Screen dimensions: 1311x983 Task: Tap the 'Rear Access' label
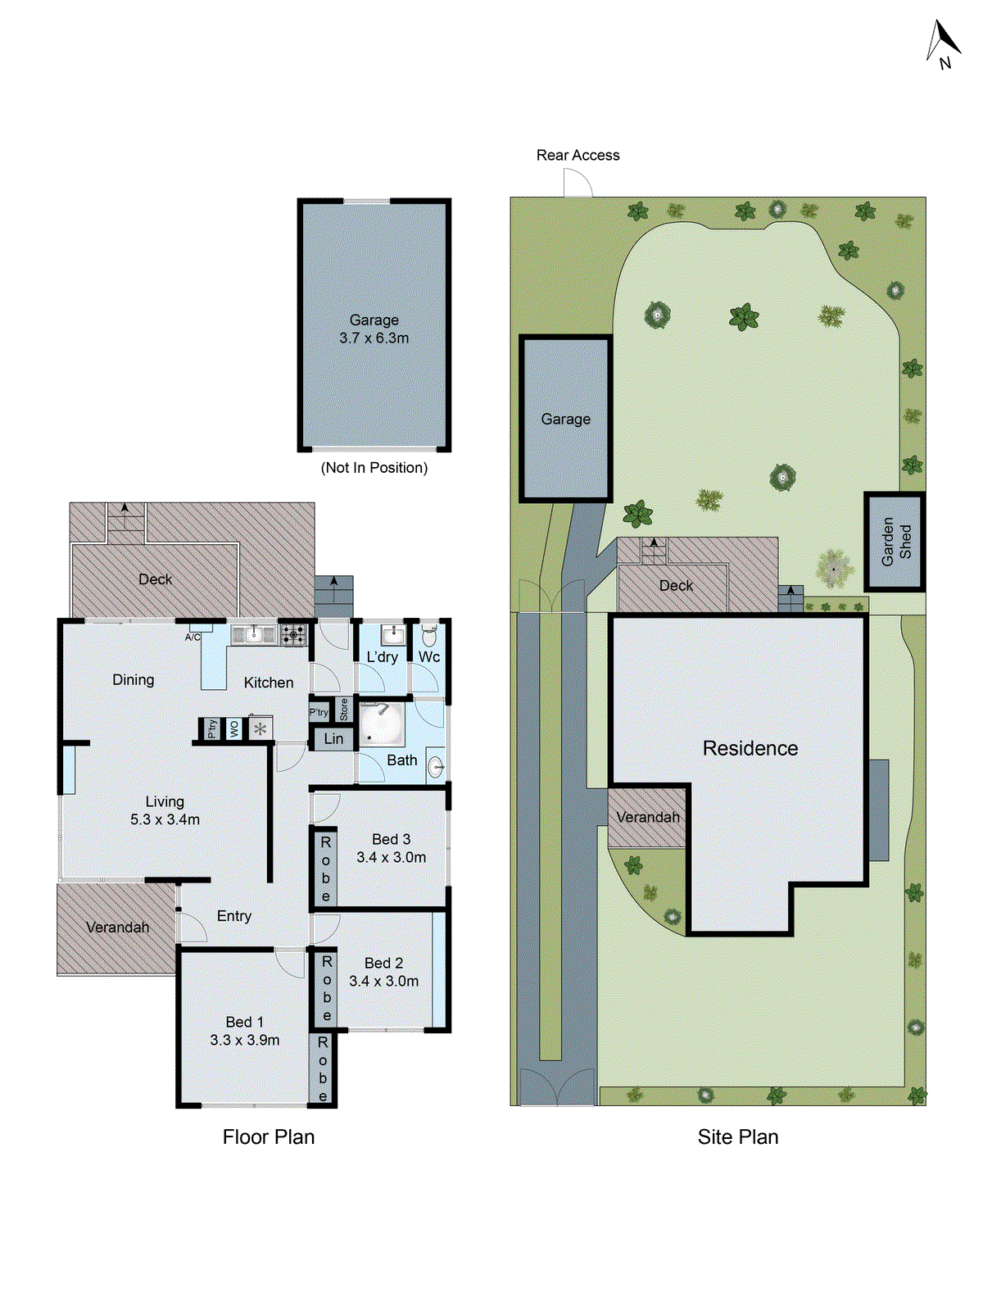(578, 155)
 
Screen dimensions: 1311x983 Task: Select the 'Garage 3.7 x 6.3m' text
(374, 329)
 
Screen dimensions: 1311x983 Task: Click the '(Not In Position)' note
(374, 468)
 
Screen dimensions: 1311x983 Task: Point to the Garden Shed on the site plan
(895, 542)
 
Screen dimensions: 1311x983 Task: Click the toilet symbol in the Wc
(429, 637)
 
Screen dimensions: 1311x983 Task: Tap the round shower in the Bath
(381, 724)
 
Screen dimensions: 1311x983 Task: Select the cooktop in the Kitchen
(293, 634)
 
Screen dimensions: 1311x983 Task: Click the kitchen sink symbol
(253, 634)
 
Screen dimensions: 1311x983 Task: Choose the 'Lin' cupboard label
(333, 738)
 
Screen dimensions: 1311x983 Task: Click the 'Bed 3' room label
(391, 839)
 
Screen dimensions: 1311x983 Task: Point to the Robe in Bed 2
(326, 988)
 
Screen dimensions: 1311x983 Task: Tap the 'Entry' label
(234, 916)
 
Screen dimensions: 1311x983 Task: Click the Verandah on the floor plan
(117, 928)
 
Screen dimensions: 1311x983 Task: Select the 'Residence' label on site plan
(750, 748)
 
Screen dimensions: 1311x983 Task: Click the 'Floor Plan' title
(269, 1136)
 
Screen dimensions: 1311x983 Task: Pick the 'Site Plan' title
(737, 1136)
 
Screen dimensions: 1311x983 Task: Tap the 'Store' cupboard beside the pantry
(344, 709)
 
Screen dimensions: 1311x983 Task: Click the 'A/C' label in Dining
(193, 637)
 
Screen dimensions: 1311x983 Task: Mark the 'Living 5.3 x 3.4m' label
(165, 810)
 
